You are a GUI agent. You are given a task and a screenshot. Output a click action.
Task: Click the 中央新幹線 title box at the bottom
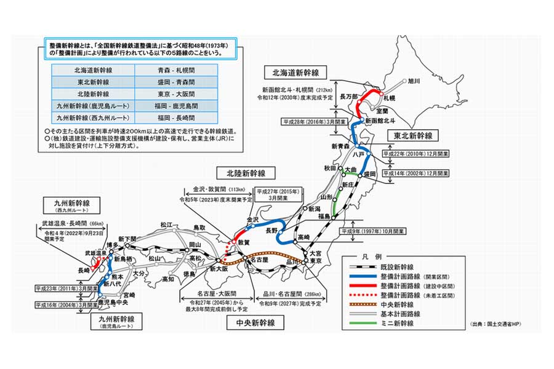(x=254, y=322)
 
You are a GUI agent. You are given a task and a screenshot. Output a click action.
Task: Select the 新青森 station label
(x=340, y=146)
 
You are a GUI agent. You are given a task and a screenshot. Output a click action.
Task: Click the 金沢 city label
(x=254, y=219)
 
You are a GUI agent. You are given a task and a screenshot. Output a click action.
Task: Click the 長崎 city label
(x=85, y=269)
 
